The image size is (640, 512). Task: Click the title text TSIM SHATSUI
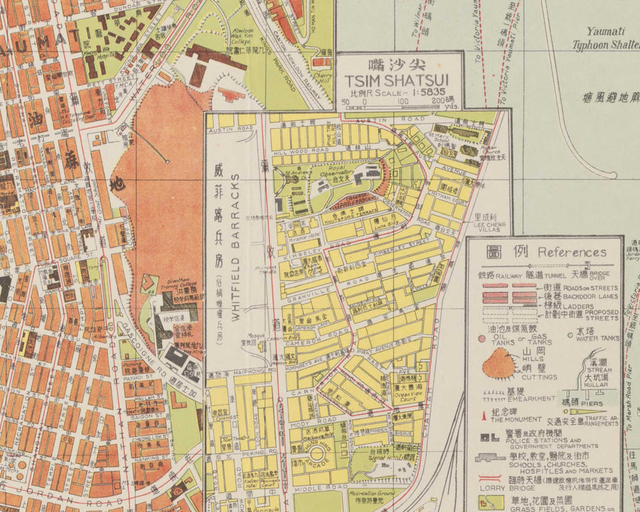click(x=398, y=80)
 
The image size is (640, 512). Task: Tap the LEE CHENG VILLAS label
click(x=489, y=228)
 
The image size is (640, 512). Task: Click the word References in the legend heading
click(x=572, y=252)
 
